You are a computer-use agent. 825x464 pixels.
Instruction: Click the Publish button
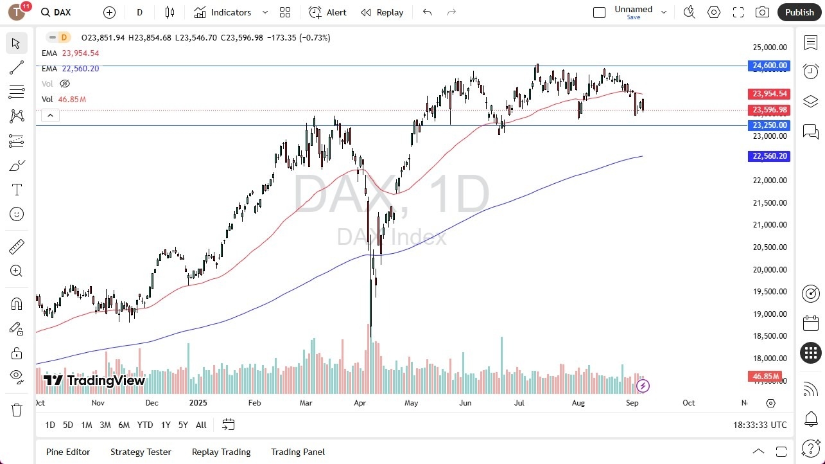coord(799,12)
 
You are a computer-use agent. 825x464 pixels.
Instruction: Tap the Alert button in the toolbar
coord(327,12)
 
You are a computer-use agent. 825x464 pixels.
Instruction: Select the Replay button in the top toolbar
coord(382,12)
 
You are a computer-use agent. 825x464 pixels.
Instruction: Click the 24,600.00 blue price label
coord(769,66)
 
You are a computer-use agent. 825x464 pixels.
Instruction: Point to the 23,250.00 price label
coord(769,125)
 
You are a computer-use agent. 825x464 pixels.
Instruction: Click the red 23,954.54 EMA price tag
coord(769,94)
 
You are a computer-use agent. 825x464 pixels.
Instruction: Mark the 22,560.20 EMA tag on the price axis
coord(769,156)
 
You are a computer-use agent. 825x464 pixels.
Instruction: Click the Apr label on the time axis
coord(360,403)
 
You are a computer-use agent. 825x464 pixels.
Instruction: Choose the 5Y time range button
coord(183,425)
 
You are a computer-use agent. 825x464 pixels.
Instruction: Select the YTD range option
coord(145,425)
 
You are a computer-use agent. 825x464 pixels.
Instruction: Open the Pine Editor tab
coord(68,452)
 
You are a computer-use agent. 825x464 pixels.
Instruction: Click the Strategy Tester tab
coord(141,452)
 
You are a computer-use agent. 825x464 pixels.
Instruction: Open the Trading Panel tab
coord(298,452)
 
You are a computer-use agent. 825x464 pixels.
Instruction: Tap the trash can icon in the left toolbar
coord(17,409)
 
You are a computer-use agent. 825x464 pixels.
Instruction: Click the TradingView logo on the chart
coord(94,380)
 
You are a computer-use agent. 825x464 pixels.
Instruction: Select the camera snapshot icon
coord(762,12)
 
